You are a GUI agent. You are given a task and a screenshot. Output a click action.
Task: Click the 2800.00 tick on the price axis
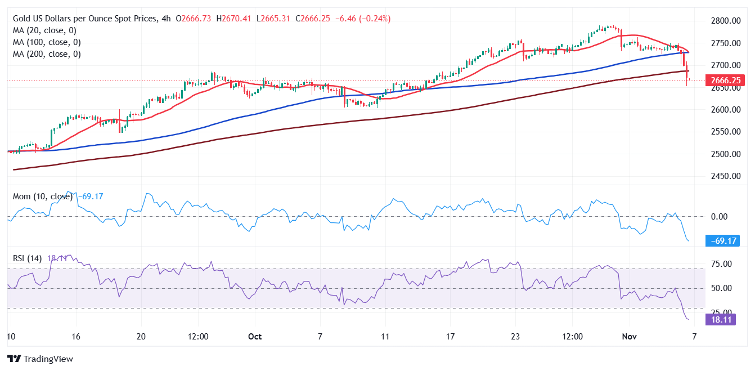(x=725, y=21)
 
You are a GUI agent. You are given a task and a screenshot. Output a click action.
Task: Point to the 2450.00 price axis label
(x=725, y=176)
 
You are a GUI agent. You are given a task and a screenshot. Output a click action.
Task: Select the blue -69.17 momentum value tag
(x=722, y=241)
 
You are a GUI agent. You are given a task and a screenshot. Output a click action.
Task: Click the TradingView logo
(x=40, y=359)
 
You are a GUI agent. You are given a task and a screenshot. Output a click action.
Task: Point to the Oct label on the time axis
(x=255, y=336)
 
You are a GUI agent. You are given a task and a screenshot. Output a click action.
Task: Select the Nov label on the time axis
(x=629, y=336)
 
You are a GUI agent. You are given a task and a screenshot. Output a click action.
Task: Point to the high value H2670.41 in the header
(x=235, y=19)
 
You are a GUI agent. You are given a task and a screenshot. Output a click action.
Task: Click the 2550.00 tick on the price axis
(x=725, y=132)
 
